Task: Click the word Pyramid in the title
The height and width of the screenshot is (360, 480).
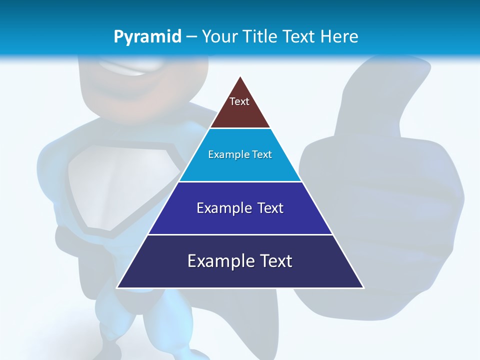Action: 147,37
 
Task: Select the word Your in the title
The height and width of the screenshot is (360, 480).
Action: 219,36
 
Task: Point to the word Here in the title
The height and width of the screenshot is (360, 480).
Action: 339,36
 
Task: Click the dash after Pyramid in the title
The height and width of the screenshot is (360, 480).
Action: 191,37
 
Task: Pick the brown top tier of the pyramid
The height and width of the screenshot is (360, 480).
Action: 240,112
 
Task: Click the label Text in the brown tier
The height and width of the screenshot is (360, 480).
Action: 239,101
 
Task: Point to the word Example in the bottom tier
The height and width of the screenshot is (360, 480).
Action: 215,261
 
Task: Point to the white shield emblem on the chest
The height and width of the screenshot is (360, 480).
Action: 120,185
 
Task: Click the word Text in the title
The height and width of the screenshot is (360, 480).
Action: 299,36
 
